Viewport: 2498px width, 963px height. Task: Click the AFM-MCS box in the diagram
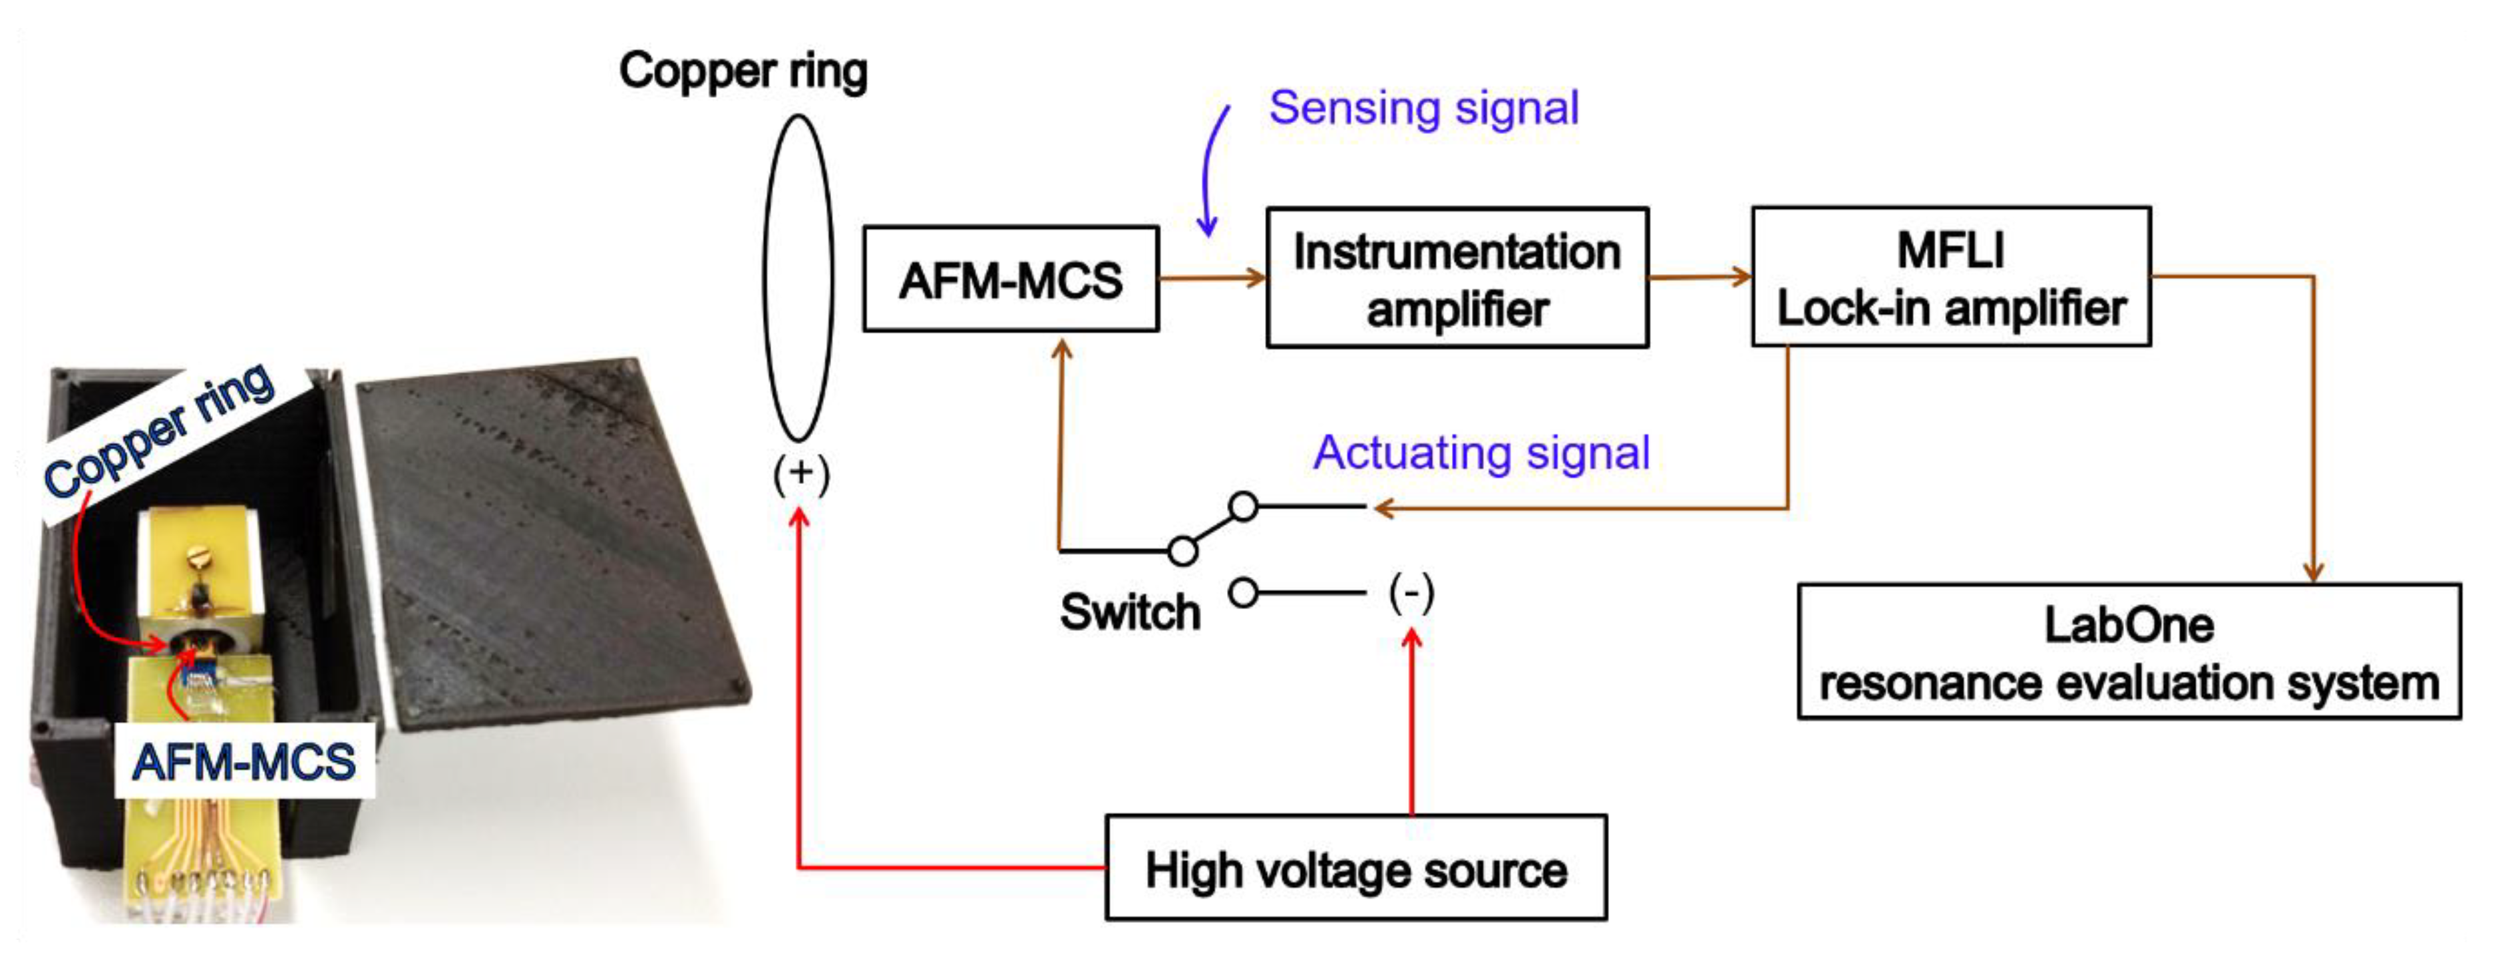(x=1011, y=280)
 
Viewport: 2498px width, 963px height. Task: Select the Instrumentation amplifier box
(x=1457, y=278)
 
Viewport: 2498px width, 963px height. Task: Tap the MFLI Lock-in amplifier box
(x=1950, y=278)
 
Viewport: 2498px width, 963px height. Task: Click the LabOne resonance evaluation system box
(x=2129, y=652)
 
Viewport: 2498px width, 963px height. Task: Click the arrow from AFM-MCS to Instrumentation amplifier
(x=1212, y=278)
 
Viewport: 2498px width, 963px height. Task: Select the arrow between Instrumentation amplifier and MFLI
(x=1699, y=278)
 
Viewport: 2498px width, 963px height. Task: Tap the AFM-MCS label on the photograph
(x=244, y=761)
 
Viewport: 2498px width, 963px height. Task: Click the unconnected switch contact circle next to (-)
(x=1243, y=592)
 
